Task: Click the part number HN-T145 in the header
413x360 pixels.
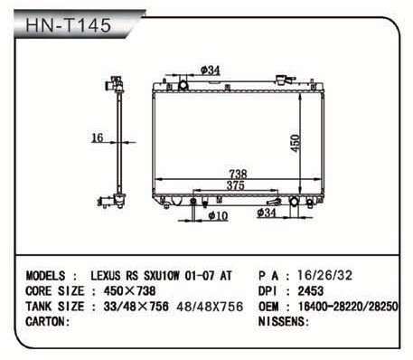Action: tap(69, 25)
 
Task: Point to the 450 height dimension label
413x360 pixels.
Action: tap(296, 143)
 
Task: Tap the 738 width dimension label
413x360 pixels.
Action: tap(238, 174)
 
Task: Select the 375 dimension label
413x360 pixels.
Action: tap(236, 185)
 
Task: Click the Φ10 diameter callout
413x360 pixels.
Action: tap(218, 215)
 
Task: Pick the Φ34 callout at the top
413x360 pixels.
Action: tap(211, 71)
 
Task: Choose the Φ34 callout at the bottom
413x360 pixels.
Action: tap(267, 213)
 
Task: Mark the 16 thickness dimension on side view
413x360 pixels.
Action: tap(97, 137)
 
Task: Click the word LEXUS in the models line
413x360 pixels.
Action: tap(106, 276)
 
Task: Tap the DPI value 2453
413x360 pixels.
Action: tap(311, 291)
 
